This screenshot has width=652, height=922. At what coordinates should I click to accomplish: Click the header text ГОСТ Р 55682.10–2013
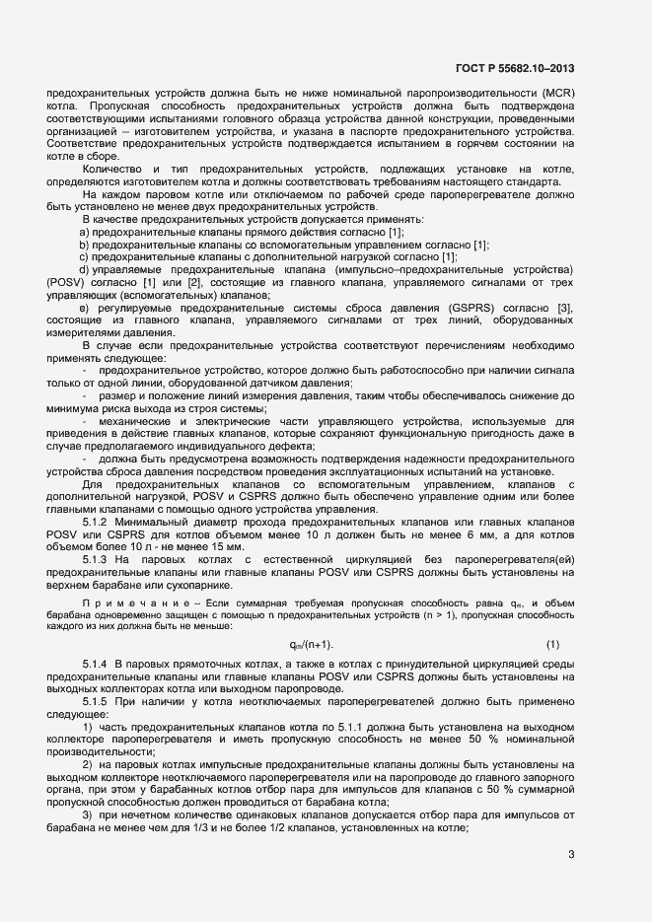tap(518, 68)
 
